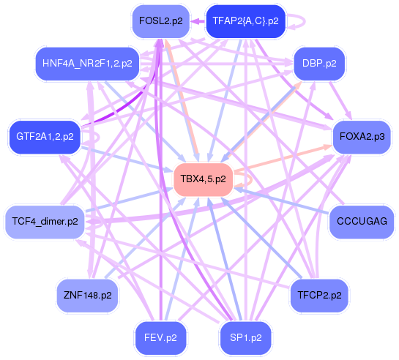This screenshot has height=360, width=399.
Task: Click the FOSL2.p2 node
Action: click(x=160, y=21)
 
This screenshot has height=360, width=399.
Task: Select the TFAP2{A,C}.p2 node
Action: click(x=245, y=21)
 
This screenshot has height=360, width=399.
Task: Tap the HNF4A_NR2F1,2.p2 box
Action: click(x=87, y=64)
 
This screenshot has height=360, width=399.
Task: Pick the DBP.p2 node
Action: click(x=318, y=64)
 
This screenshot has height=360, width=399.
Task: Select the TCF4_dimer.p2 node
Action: click(x=45, y=221)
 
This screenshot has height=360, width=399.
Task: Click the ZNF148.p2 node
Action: click(x=87, y=296)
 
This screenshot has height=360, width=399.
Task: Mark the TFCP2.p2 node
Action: click(x=320, y=296)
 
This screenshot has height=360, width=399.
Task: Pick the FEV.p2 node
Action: click(x=160, y=337)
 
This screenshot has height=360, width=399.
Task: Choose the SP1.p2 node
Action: click(x=246, y=337)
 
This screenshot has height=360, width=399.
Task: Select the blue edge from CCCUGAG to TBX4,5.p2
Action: click(x=286, y=202)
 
